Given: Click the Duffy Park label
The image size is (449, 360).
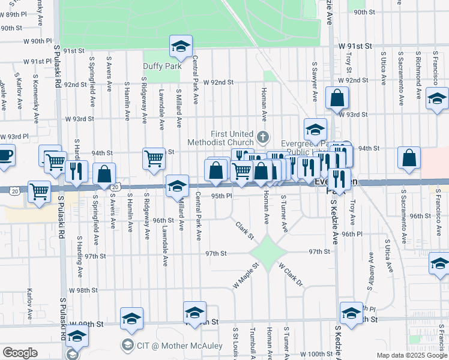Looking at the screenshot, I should [162, 67].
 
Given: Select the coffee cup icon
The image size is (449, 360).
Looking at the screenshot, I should [5, 155].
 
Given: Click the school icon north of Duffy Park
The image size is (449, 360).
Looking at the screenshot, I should [179, 46].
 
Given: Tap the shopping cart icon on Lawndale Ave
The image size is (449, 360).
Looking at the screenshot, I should [154, 159].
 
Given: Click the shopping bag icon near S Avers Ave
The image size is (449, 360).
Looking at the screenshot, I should [104, 174].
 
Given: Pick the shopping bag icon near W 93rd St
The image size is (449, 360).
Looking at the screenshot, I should [337, 98].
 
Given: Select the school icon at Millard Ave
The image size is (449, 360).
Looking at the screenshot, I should [177, 186].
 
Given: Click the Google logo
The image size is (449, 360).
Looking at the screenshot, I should [20, 353].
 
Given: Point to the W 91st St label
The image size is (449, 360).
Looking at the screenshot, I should [355, 46].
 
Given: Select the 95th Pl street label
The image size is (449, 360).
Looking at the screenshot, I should [221, 196].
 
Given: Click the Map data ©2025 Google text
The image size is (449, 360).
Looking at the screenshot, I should [411, 355].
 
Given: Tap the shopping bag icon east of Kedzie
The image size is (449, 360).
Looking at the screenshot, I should [409, 159].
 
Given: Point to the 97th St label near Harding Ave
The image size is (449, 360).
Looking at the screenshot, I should [95, 256].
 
